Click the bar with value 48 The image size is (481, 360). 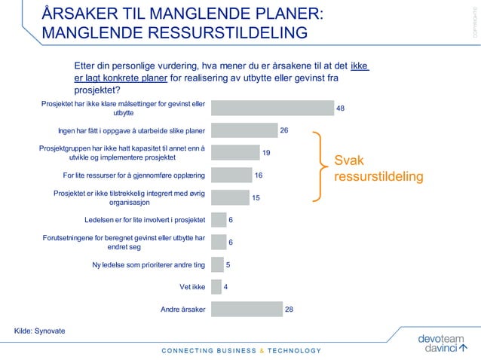click(x=272, y=108)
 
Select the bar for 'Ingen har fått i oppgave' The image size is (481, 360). click(x=244, y=130)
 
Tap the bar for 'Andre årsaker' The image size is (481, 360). click(x=247, y=309)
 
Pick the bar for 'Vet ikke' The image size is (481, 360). click(x=216, y=287)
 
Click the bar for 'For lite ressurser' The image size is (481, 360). click(x=231, y=175)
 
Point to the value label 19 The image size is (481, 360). click(x=266, y=153)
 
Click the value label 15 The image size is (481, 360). click(x=256, y=198)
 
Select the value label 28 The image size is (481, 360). click(x=289, y=309)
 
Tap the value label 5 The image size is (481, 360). click(x=228, y=265)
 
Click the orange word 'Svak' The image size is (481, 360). click(x=350, y=160)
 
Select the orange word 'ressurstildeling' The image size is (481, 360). click(x=378, y=177)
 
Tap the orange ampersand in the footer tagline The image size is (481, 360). click(x=262, y=350)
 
